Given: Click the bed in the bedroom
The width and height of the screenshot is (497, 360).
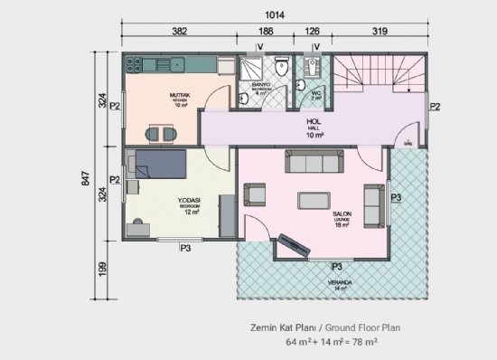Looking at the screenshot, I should (x=159, y=166).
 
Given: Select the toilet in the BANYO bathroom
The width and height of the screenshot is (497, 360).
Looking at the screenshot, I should (x=282, y=65).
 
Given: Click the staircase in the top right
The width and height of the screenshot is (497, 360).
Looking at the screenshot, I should (x=379, y=74).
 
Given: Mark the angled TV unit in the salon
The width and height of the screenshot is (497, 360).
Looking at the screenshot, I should (x=295, y=244).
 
